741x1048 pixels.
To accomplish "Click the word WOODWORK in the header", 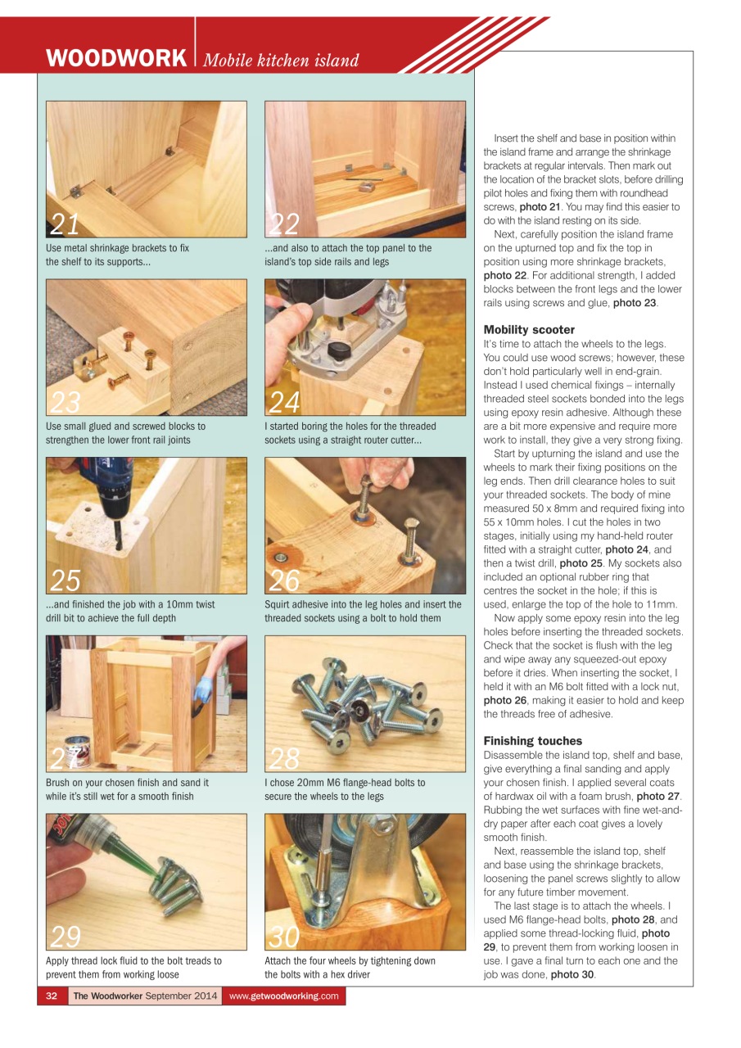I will tap(116, 59).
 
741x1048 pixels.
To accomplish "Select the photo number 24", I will tap(285, 401).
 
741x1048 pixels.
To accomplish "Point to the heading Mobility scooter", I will tap(529, 330).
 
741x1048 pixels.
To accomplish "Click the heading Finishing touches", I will tap(533, 741).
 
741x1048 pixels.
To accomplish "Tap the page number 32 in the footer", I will tap(51, 996).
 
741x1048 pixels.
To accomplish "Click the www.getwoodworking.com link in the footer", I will tap(283, 996).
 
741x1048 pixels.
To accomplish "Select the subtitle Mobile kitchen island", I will tap(281, 61).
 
